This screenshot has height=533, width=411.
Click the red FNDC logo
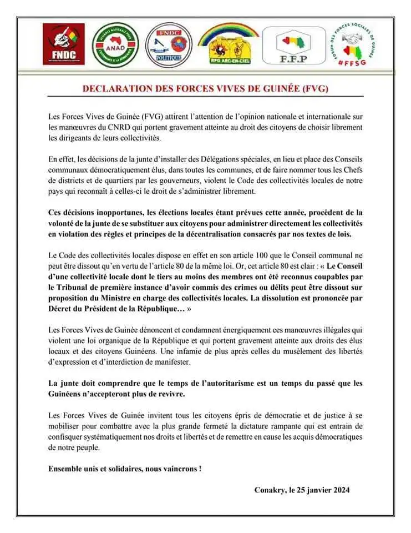coord(62,44)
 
